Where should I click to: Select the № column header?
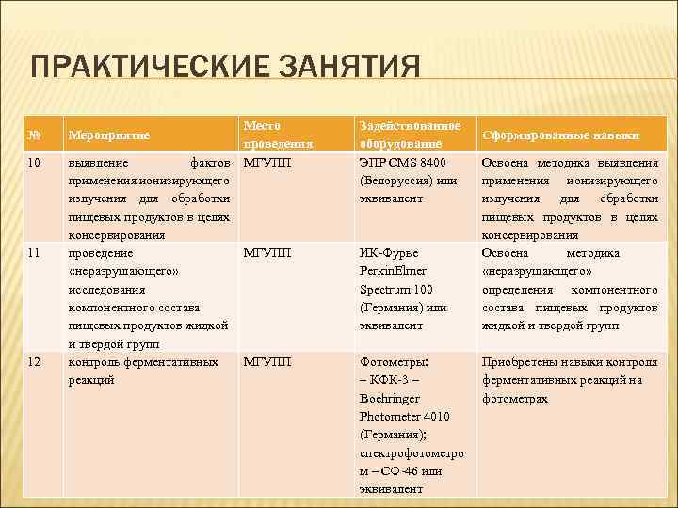point(35,135)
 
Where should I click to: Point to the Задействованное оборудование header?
point(410,135)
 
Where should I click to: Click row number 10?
point(36,163)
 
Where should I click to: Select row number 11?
point(36,253)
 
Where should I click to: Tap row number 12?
point(36,361)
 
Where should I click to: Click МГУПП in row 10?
point(267,163)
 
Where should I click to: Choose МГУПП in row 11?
point(267,253)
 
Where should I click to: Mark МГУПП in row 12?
point(267,361)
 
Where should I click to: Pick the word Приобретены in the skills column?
point(521,361)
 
